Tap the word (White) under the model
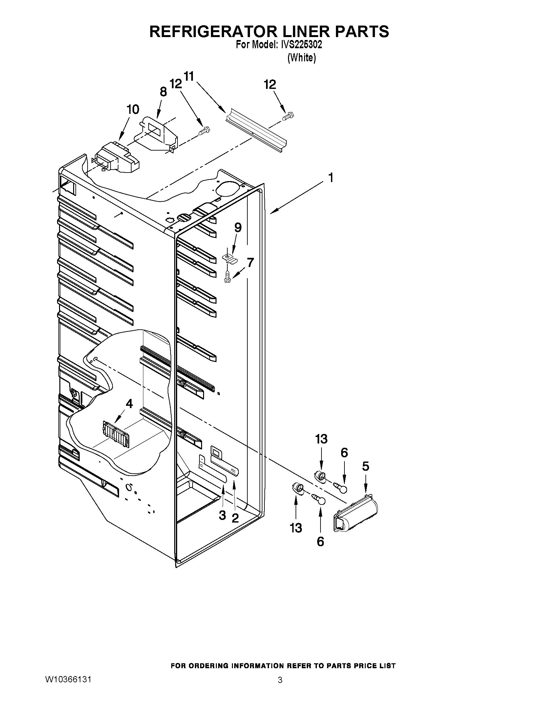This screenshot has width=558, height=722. pyautogui.click(x=301, y=58)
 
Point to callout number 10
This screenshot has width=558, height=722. pyautogui.click(x=133, y=110)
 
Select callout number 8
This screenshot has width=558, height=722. pyautogui.click(x=163, y=92)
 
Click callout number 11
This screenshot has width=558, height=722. pyautogui.click(x=189, y=77)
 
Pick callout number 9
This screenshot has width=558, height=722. pyautogui.click(x=238, y=227)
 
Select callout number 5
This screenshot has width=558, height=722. pyautogui.click(x=365, y=466)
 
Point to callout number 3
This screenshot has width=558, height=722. pyautogui.click(x=222, y=515)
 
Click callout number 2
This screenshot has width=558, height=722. pyautogui.click(x=235, y=518)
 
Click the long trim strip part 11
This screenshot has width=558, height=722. pyautogui.click(x=256, y=132)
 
